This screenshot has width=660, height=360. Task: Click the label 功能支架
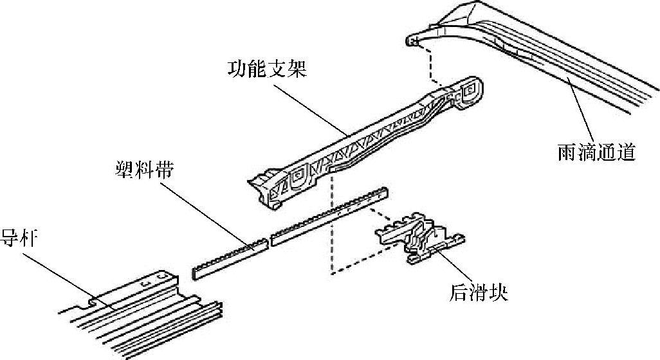tap(266, 68)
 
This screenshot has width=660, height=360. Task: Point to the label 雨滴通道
tap(596, 153)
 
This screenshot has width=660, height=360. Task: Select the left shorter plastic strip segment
tap(230, 260)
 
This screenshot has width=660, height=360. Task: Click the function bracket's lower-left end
tap(264, 186)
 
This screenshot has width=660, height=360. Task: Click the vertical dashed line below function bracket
tap(331, 225)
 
